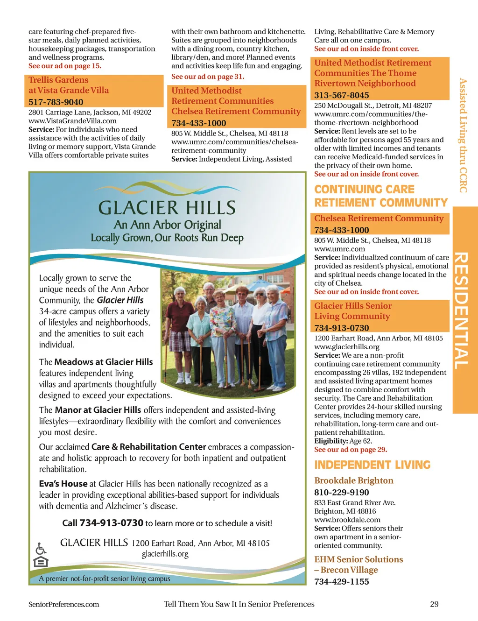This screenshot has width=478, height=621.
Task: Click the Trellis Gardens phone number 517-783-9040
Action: (x=56, y=102)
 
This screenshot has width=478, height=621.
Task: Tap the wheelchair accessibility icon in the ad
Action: (x=41, y=548)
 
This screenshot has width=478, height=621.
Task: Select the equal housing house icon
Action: (x=41, y=561)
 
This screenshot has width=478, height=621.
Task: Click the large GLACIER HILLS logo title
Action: (x=167, y=208)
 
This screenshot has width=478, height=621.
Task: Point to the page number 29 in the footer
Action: (x=434, y=604)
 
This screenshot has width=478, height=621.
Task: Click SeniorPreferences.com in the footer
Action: (x=64, y=604)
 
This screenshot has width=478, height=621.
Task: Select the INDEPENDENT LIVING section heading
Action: (x=372, y=465)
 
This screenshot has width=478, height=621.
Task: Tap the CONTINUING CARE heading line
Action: (x=364, y=189)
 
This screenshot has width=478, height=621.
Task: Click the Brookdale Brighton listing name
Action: (x=353, y=480)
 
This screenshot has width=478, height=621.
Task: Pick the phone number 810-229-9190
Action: (x=341, y=492)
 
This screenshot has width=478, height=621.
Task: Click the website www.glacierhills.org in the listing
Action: (x=346, y=346)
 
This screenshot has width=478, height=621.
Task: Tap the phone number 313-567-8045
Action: (x=341, y=95)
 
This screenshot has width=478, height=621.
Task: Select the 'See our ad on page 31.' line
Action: (x=207, y=77)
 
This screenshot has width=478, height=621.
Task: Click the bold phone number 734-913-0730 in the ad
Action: (x=112, y=523)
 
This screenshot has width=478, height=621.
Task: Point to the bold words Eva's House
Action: (x=63, y=484)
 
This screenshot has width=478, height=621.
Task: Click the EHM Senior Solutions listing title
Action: (x=358, y=559)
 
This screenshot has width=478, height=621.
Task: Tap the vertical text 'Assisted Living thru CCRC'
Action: (x=463, y=135)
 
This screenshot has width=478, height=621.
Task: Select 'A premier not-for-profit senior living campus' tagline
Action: (x=105, y=579)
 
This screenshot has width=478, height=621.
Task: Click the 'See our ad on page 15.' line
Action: (x=65, y=66)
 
